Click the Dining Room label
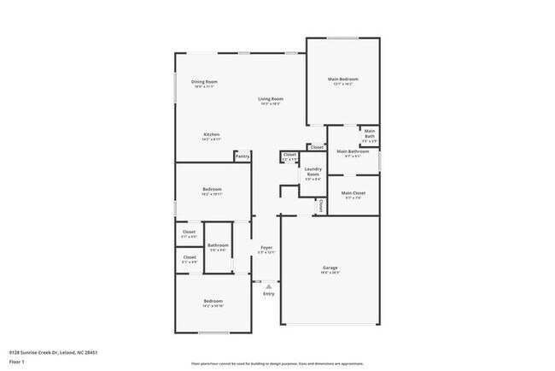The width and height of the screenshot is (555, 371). click(205, 81)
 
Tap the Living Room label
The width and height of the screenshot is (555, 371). click(272, 99)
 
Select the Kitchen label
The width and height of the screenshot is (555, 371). click(212, 134)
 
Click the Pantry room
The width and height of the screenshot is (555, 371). click(242, 156)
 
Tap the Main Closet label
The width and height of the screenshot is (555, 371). click(353, 193)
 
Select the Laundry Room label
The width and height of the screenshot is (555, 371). click(313, 171)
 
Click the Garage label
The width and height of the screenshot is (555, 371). click(330, 267)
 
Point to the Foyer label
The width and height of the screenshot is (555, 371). click(266, 248)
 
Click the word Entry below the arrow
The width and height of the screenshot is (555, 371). click(269, 294)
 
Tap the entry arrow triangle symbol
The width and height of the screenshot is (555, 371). click(269, 286)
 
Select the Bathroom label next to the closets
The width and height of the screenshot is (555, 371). click(219, 245)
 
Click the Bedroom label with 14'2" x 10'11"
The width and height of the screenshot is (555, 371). click(213, 189)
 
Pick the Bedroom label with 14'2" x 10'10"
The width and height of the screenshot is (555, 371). click(213, 301)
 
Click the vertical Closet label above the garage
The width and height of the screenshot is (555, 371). click(321, 205)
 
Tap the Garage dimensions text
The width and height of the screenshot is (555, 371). click(330, 273)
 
